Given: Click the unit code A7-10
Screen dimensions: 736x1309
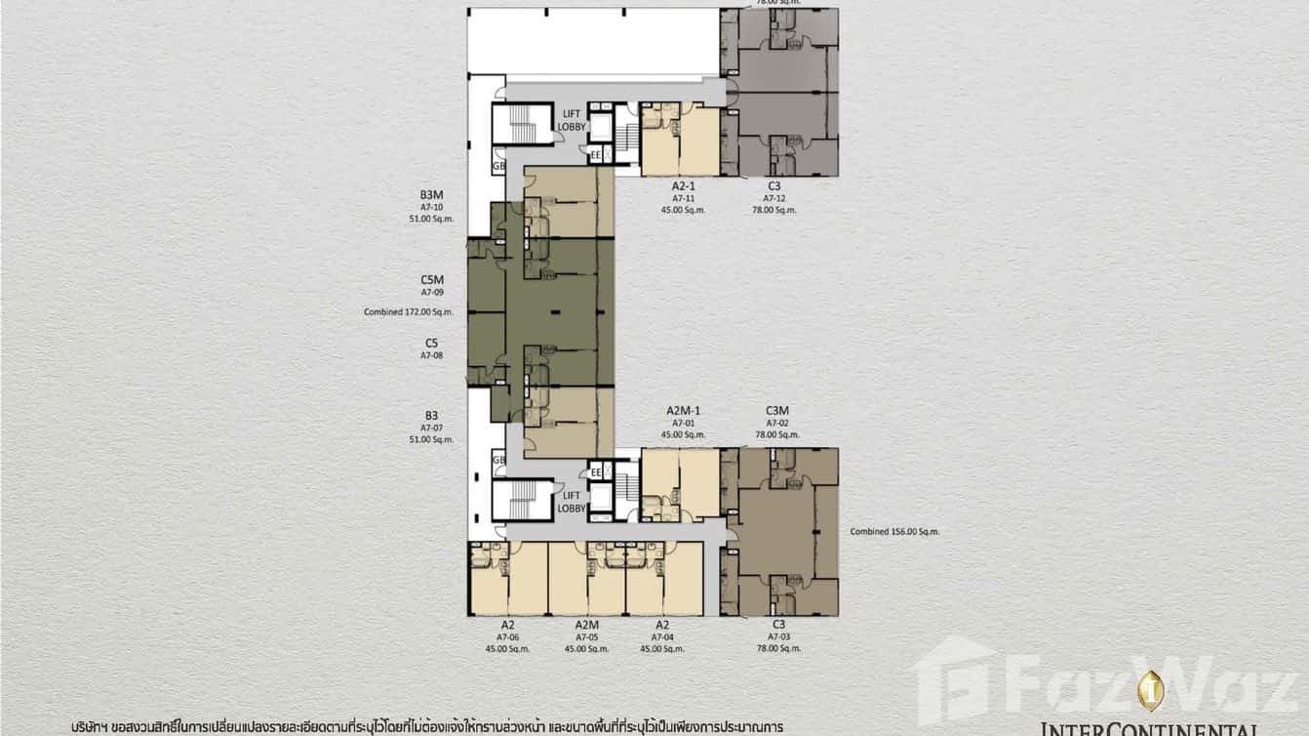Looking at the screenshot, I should click(x=432, y=207).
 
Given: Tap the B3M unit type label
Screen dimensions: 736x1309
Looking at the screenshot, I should click(x=432, y=195).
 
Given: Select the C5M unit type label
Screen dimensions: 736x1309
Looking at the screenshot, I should click(x=432, y=279).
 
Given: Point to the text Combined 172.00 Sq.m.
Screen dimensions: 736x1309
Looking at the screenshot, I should click(x=409, y=312).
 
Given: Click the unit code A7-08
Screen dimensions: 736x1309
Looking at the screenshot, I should click(x=432, y=355).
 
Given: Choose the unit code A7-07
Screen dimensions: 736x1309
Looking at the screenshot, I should click(x=432, y=428).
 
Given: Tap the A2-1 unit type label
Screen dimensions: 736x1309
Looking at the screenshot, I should click(x=682, y=185).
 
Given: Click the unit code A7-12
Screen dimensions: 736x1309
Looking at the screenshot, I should click(x=774, y=197).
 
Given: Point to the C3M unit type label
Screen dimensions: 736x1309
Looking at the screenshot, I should click(x=776, y=411).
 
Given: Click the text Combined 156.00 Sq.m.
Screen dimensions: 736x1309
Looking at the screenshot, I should click(x=894, y=532).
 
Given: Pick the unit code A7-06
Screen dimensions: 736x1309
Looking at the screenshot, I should click(x=508, y=636).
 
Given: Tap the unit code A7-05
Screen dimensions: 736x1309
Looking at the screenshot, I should click(x=586, y=636).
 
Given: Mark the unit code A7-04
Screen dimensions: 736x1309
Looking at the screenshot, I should click(x=662, y=636).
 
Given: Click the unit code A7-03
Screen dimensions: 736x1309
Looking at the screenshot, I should click(x=778, y=636).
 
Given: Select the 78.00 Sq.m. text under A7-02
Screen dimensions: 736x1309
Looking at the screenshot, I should click(x=776, y=434).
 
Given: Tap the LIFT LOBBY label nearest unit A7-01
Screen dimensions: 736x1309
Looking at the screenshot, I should click(x=572, y=502).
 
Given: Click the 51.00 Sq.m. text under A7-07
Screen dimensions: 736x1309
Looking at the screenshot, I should click(x=432, y=439).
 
